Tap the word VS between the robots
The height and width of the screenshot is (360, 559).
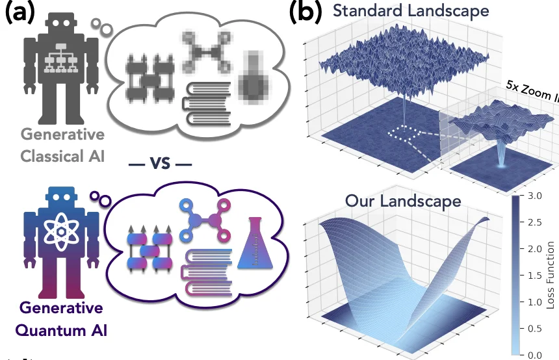(x=160, y=163)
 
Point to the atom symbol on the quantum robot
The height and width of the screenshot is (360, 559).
(x=62, y=231)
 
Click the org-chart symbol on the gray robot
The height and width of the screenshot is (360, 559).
(x=62, y=62)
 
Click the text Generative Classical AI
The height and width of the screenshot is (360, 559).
(x=62, y=146)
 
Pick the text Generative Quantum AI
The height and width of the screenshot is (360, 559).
(x=62, y=318)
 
